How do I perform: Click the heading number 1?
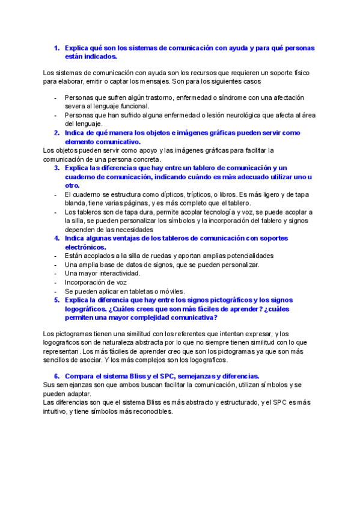(56, 48)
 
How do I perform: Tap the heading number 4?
(56, 238)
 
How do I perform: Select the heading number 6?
(56, 375)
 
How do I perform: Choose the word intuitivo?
(58, 412)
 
